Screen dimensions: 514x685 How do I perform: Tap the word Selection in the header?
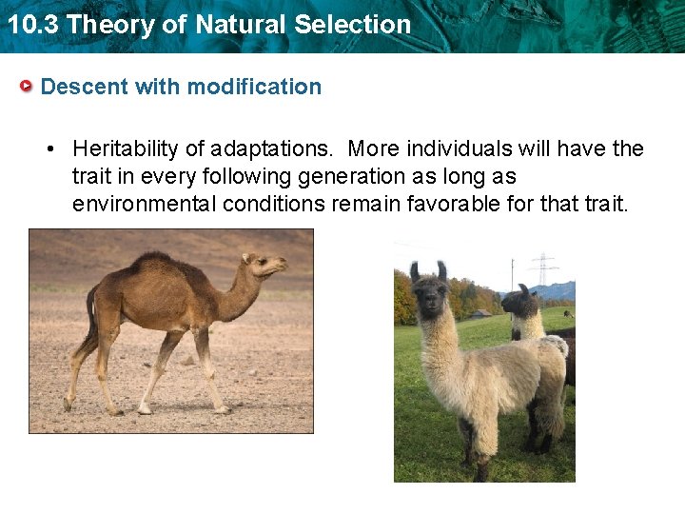click(353, 25)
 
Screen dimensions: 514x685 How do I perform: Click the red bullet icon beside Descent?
click(28, 87)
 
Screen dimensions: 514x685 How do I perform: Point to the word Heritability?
click(130, 149)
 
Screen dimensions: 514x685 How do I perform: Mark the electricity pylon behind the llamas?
click(543, 269)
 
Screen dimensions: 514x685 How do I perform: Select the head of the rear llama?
click(520, 304)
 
